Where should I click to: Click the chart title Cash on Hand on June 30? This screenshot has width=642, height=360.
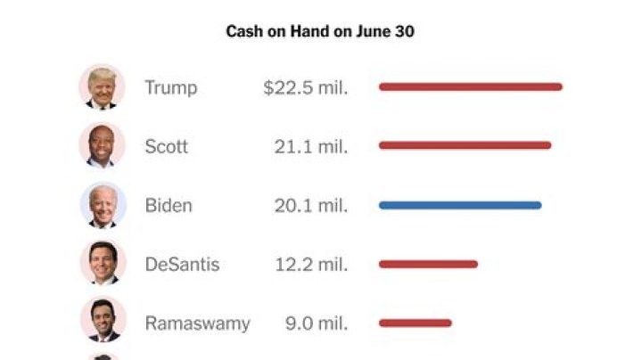[320, 32]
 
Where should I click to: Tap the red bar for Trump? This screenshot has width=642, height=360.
[470, 87]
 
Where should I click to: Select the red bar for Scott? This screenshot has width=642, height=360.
[465, 145]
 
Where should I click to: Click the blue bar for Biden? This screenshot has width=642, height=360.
[459, 205]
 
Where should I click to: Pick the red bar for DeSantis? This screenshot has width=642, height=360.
[428, 264]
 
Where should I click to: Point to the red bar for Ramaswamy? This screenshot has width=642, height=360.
[415, 323]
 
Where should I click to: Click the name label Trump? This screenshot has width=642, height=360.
[170, 87]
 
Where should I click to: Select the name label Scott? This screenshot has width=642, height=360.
[166, 146]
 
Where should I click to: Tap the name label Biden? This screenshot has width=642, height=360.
[168, 205]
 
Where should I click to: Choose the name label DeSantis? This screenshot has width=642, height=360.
[182, 265]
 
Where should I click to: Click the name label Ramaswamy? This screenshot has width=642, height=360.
[197, 323]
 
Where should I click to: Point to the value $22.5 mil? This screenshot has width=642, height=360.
[305, 87]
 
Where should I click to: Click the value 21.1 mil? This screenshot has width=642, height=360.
[311, 146]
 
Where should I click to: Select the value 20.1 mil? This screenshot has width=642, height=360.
[311, 205]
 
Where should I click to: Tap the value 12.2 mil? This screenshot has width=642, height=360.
[311, 265]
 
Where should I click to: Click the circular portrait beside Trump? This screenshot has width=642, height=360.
[103, 87]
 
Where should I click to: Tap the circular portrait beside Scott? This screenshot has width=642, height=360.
[103, 145]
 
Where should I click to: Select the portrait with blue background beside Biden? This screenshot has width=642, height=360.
[103, 205]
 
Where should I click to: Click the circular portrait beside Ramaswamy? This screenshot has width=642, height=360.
[103, 321]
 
